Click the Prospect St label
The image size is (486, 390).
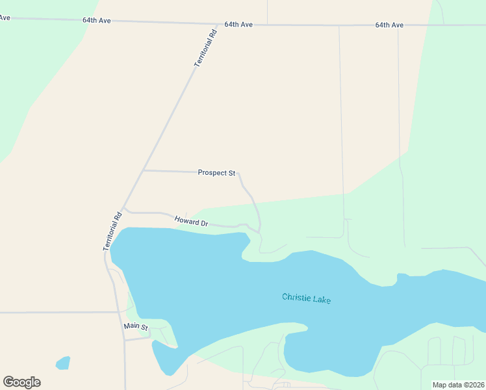(216, 173)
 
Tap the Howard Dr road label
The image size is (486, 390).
(191, 222)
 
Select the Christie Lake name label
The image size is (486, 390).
(306, 299)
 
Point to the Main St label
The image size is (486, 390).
(136, 327)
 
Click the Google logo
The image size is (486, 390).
(21, 382)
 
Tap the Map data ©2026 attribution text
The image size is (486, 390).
(457, 385)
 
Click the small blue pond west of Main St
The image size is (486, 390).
(63, 363)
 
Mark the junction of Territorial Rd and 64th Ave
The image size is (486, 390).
(218, 23)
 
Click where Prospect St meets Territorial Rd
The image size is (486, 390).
(143, 170)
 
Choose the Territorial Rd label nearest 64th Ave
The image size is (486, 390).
(205, 47)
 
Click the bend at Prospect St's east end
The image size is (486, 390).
(240, 174)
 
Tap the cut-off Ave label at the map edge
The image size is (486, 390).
(5, 18)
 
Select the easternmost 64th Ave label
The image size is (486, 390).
(389, 25)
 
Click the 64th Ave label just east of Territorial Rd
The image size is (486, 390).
(238, 24)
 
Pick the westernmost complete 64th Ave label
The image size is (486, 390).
(96, 20)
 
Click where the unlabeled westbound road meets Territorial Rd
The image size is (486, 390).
(116, 313)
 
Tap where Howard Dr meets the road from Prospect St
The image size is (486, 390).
(259, 231)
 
